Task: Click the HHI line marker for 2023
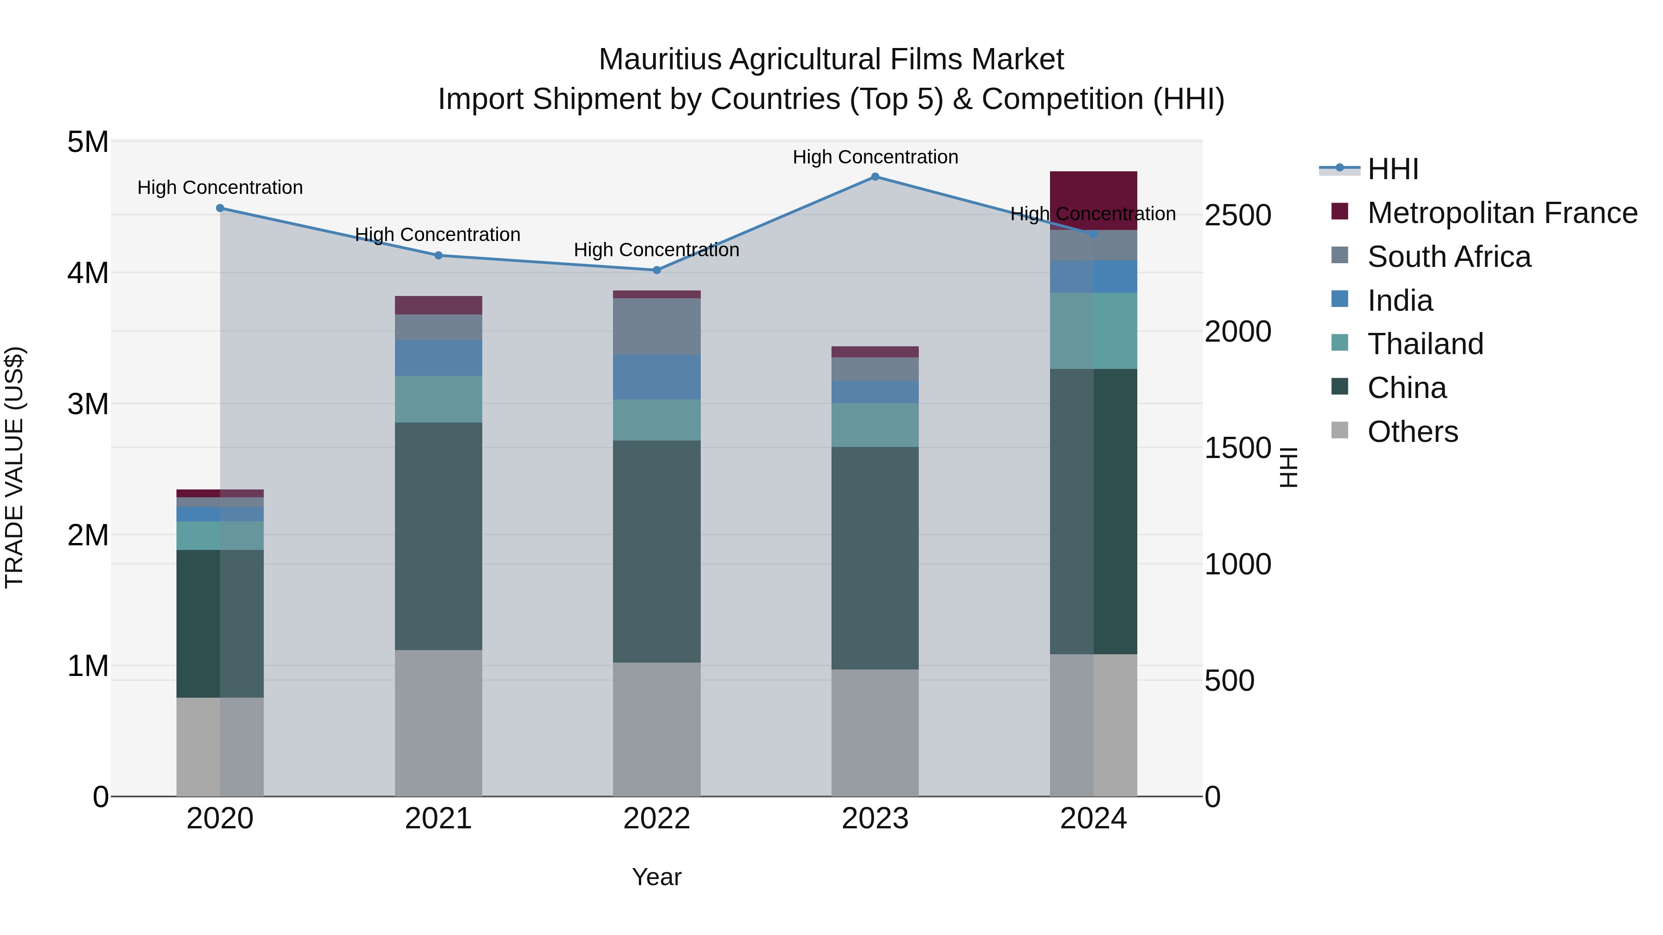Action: pyautogui.click(x=875, y=177)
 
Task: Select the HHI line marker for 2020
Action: pyautogui.click(x=220, y=208)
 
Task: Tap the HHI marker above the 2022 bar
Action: pyautogui.click(x=656, y=271)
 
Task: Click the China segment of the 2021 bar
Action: pyautogui.click(x=438, y=536)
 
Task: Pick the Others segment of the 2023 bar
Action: pyautogui.click(x=875, y=732)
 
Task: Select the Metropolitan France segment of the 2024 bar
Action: pyautogui.click(x=1093, y=200)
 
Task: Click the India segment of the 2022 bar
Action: pyautogui.click(x=656, y=377)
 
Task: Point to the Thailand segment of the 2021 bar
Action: pyautogui.click(x=438, y=399)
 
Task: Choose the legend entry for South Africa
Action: pyautogui.click(x=1449, y=257)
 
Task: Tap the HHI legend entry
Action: pyautogui.click(x=1392, y=169)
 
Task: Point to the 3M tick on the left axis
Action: pyautogui.click(x=88, y=404)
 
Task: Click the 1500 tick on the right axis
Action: pyautogui.click(x=1237, y=448)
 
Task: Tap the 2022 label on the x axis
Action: pyautogui.click(x=656, y=819)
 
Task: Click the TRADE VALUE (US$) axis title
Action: pyautogui.click(x=14, y=467)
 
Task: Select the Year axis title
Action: pyautogui.click(x=656, y=877)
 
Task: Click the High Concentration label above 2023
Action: pyautogui.click(x=875, y=157)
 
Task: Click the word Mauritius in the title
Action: pyautogui.click(x=659, y=60)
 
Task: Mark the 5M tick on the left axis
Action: pyautogui.click(x=88, y=142)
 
